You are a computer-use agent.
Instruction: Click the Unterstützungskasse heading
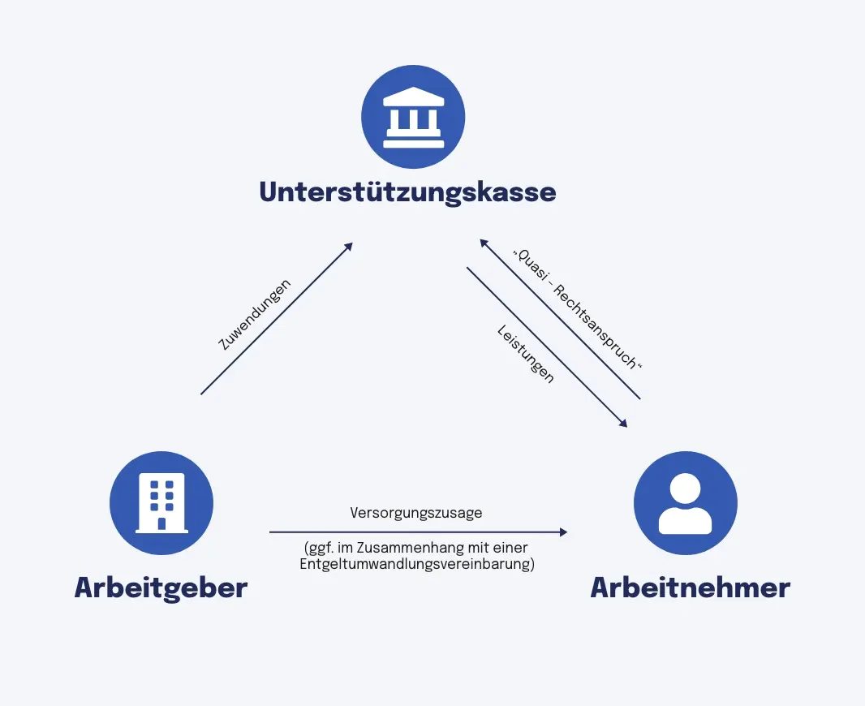pyautogui.click(x=407, y=192)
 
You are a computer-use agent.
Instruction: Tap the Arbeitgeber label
pyautogui.click(x=161, y=588)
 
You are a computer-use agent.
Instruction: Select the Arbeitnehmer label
pyautogui.click(x=690, y=588)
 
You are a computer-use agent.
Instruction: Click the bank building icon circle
pyautogui.click(x=413, y=117)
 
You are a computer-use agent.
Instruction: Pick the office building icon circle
pyautogui.click(x=161, y=503)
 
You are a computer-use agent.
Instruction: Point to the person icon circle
pyautogui.click(x=685, y=503)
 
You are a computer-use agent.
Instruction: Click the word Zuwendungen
pyautogui.click(x=255, y=315)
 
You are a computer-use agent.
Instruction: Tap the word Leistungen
pyautogui.click(x=526, y=355)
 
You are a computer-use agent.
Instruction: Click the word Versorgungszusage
pyautogui.click(x=416, y=513)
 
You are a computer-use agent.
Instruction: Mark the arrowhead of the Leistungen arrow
pyautogui.click(x=623, y=423)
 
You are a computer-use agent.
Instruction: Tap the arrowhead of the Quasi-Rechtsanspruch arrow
pyautogui.click(x=483, y=243)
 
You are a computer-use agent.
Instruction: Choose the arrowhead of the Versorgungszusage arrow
pyautogui.click(x=563, y=532)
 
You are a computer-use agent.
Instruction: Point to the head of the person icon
pyautogui.click(x=685, y=488)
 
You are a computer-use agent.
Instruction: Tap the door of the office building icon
pyautogui.click(x=161, y=523)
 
